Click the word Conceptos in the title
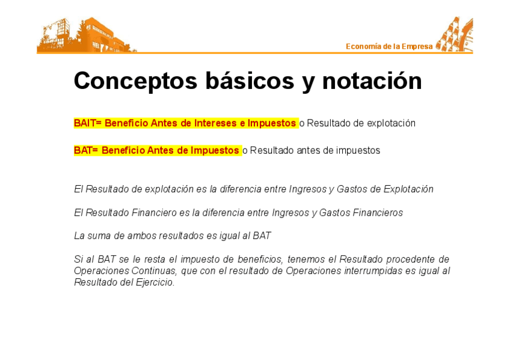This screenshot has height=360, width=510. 135,81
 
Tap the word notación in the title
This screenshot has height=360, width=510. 372,81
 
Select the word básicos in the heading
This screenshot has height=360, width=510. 250,80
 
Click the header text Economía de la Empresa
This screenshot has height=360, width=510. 389,46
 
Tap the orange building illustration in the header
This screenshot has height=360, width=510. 85,35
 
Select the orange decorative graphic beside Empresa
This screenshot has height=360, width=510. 455,34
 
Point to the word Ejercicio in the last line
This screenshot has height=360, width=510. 155,282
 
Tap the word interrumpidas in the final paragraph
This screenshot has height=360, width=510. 373,271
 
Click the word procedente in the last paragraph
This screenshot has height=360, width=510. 410,259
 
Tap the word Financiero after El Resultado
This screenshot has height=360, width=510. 154,213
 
